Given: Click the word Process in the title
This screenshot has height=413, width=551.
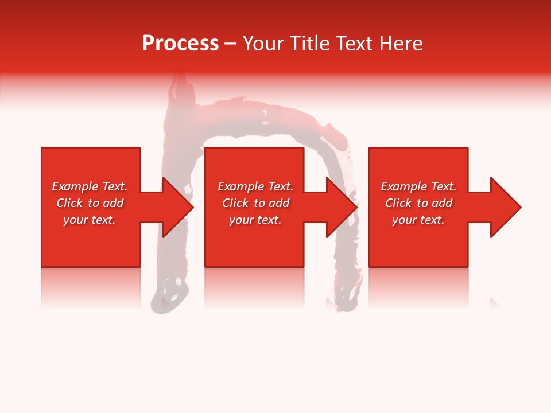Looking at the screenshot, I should (180, 44).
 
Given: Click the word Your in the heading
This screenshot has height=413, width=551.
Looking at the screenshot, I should (264, 44).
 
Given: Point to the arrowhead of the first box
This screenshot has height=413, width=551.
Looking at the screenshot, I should (178, 207).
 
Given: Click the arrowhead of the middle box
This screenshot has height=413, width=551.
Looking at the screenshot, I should (342, 207).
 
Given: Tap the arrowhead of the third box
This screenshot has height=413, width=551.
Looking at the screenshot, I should (506, 207).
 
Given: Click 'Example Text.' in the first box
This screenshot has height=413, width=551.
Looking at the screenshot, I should (90, 186).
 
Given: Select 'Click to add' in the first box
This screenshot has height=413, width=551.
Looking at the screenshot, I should (90, 203).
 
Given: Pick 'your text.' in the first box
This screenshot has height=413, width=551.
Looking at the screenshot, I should (90, 220).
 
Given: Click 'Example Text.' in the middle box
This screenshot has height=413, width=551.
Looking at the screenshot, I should (255, 186).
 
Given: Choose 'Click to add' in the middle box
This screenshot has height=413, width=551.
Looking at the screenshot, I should (255, 203).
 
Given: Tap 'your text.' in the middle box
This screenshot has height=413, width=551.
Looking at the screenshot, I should (255, 220).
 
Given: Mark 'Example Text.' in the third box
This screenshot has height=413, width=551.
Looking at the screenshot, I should (418, 186).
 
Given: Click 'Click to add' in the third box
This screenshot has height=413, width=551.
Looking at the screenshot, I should (418, 203).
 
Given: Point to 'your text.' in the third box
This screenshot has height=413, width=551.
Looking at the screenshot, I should (418, 220).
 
